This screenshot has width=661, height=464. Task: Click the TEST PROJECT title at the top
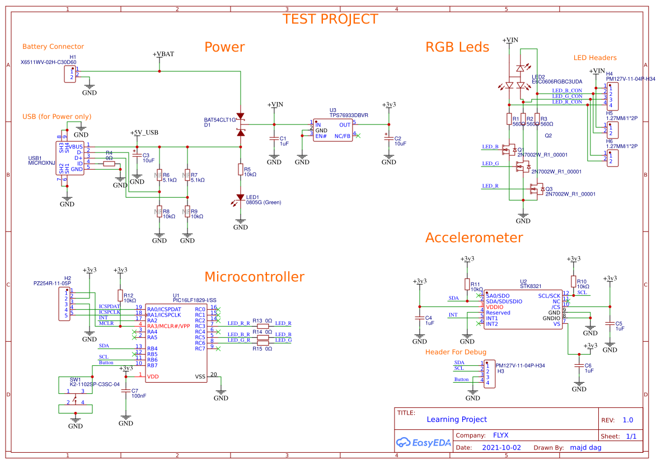[x=330, y=19]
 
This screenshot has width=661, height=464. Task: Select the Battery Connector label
[x=53, y=47]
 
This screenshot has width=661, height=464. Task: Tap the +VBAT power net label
[x=163, y=54]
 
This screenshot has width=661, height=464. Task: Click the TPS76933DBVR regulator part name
[x=348, y=115]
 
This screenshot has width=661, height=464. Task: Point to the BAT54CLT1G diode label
[x=220, y=120]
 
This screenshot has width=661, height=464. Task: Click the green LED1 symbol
[x=241, y=198]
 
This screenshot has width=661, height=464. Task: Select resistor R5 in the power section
[x=241, y=169]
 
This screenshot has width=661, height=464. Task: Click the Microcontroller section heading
[x=254, y=277]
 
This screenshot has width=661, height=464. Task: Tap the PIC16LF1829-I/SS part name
[x=194, y=301]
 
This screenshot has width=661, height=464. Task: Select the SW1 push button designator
[x=75, y=379]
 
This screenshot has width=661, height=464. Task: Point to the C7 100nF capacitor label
[x=139, y=393]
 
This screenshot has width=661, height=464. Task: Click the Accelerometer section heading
[x=474, y=238]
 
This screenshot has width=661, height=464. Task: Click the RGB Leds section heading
[x=457, y=47]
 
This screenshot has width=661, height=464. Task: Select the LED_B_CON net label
[x=566, y=90]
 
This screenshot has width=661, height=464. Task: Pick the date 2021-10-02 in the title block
[x=501, y=448]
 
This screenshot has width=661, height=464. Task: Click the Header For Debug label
[x=456, y=352]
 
